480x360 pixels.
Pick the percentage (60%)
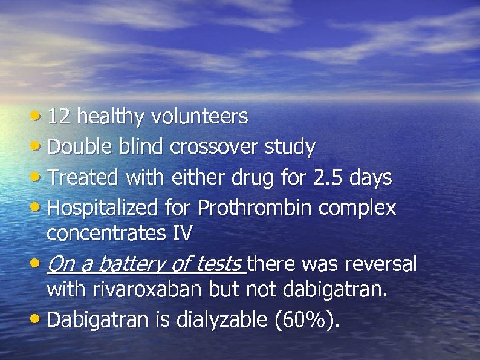point(306,319)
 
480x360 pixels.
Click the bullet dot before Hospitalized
point(37,207)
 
